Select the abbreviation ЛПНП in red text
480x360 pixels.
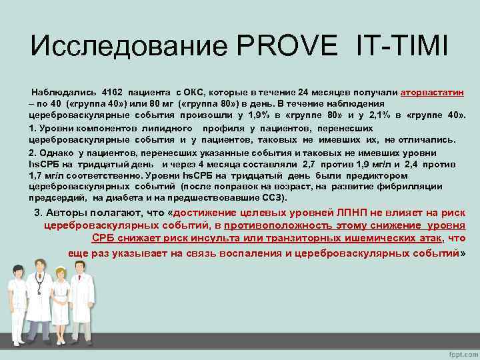[368, 213]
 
